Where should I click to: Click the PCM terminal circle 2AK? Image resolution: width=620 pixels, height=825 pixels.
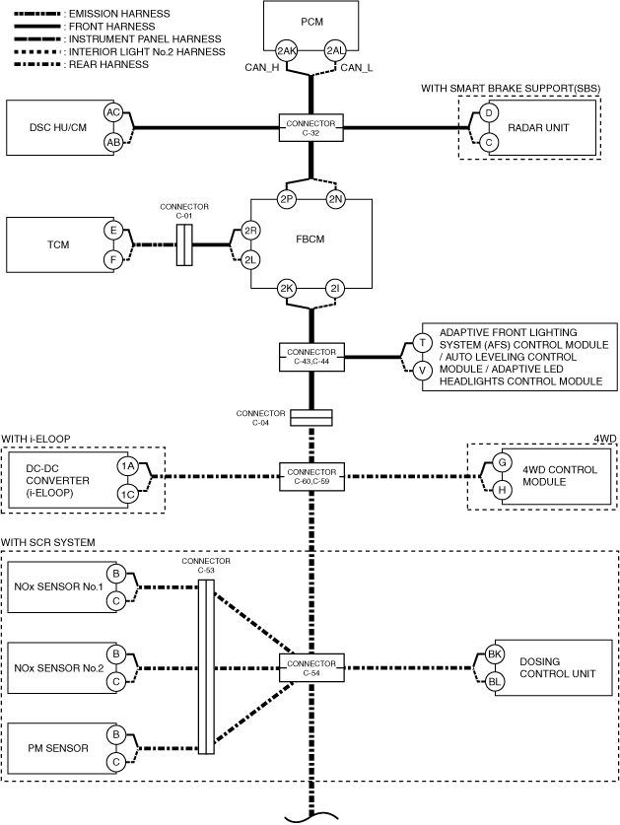286,50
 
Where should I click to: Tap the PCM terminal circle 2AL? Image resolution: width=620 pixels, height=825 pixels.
335,50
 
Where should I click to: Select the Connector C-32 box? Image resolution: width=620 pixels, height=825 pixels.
311,128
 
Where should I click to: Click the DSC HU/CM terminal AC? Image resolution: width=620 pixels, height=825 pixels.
113,112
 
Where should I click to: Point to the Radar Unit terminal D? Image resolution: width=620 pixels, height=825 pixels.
489,112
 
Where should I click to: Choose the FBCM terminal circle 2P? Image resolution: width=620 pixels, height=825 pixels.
286,199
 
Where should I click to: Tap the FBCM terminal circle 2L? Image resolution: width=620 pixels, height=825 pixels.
250,260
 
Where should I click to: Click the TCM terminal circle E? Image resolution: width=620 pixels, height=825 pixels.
113,231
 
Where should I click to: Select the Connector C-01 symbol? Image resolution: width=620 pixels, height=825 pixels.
183,244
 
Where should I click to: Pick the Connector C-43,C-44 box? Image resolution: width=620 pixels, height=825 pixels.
311,357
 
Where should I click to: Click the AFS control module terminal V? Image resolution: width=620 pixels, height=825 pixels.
422,371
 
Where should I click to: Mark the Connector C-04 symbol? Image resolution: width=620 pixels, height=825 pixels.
311,418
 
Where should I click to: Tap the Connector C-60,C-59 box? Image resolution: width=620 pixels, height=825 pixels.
311,477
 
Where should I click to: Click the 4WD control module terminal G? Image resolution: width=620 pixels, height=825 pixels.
502,462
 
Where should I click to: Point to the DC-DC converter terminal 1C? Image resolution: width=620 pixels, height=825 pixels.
127,494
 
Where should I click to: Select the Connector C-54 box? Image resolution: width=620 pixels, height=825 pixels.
311,668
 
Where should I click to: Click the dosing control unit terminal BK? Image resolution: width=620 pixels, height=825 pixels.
494,654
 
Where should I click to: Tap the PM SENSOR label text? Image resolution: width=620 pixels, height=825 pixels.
58,748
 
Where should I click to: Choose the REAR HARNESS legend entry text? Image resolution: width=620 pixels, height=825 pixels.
109,65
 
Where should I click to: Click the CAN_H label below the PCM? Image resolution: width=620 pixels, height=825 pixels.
262,68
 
